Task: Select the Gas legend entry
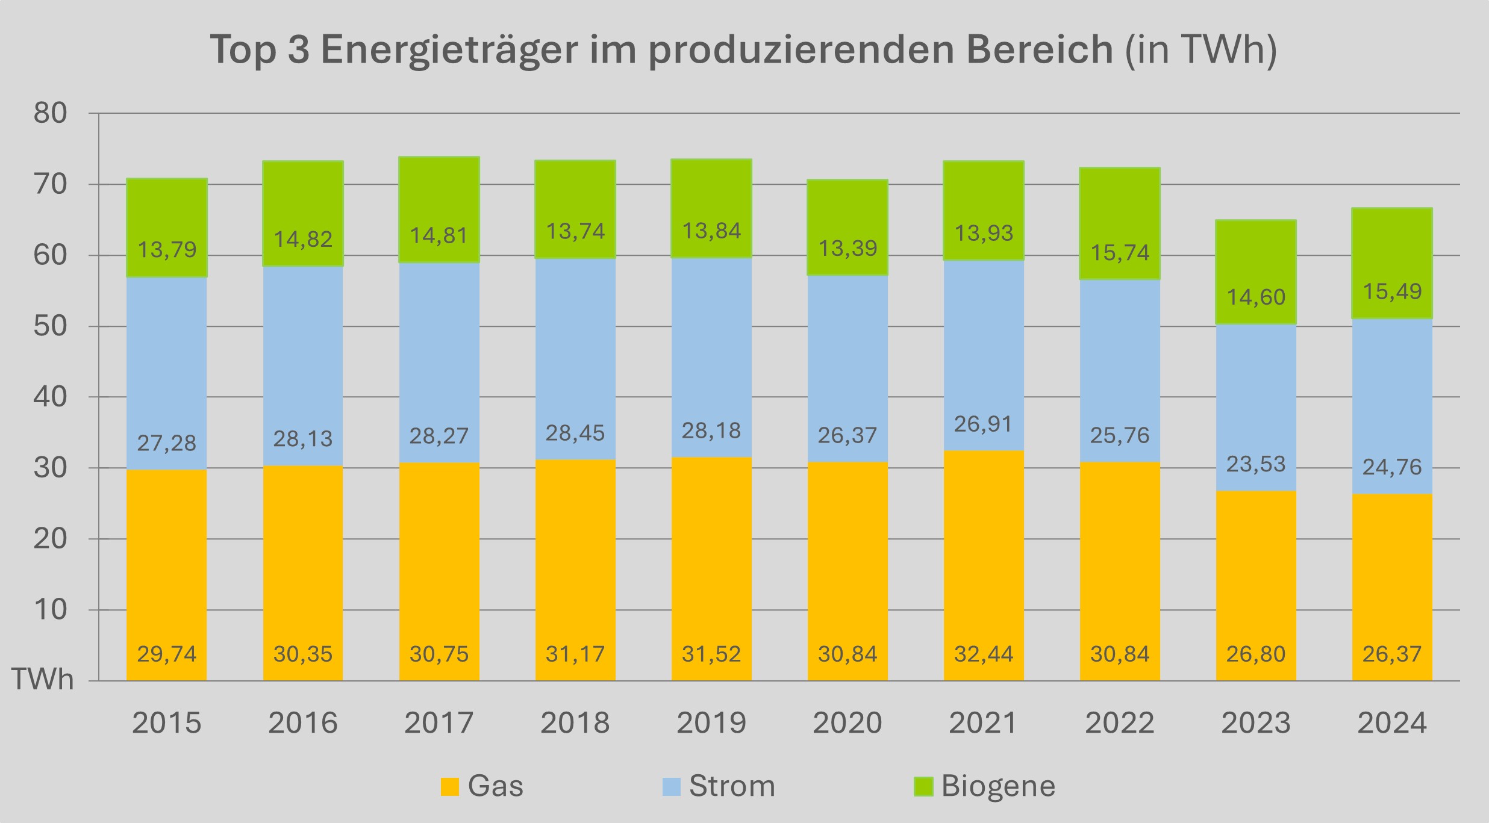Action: pos(482,786)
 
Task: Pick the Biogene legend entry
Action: pos(985,786)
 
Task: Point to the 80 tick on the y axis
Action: pos(51,113)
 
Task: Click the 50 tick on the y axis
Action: pos(51,326)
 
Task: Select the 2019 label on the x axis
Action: pos(711,722)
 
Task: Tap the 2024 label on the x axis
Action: pos(1392,722)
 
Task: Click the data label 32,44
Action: pos(984,654)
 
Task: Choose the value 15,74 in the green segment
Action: pos(1120,253)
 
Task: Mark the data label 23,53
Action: pos(1256,464)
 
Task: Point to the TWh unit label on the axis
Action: pos(42,680)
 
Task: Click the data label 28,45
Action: pos(575,433)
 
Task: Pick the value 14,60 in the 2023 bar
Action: pos(1256,297)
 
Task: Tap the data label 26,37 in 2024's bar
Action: pos(1392,654)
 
